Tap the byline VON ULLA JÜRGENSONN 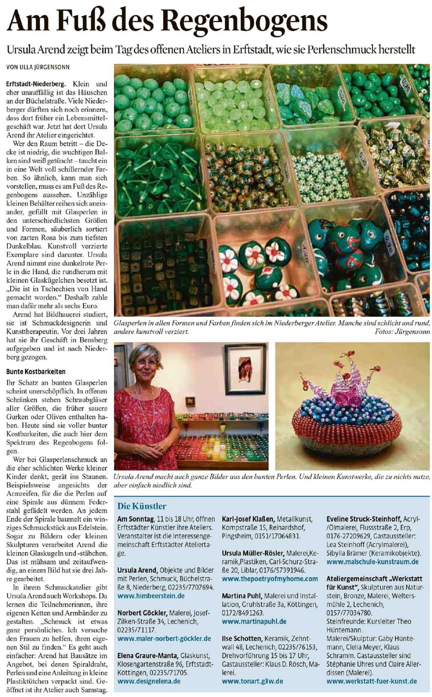click(38, 67)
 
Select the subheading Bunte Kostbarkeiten click(36, 372)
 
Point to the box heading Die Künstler click(142, 506)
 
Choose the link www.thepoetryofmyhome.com click(270, 578)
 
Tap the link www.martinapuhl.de click(254, 621)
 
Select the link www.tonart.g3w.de click(253, 681)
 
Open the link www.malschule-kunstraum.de click(372, 561)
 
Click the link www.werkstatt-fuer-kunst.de click(372, 681)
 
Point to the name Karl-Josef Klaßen click(248, 519)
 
